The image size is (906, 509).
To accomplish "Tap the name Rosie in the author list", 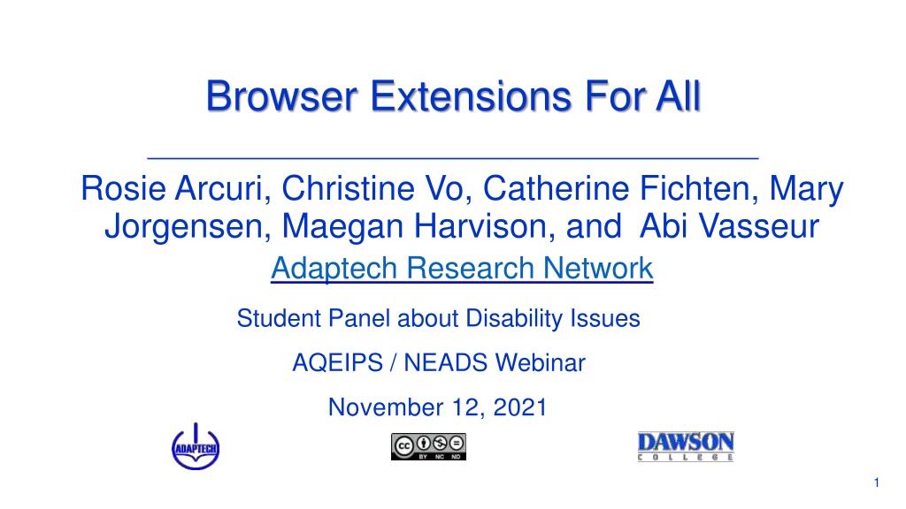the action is (123, 188).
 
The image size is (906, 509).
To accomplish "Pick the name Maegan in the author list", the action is (342, 227).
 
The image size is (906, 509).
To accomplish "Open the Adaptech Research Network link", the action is (462, 268).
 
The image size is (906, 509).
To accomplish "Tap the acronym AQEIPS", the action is (337, 363).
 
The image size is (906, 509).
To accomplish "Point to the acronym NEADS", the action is (446, 363).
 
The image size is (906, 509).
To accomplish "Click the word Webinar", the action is (541, 363).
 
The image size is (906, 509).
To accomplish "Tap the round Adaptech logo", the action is (196, 446).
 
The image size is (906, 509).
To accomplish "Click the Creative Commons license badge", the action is (428, 446).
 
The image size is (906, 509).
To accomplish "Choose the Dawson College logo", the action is (686, 446).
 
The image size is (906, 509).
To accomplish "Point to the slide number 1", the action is (877, 482).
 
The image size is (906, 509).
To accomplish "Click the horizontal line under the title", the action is (453, 157).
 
